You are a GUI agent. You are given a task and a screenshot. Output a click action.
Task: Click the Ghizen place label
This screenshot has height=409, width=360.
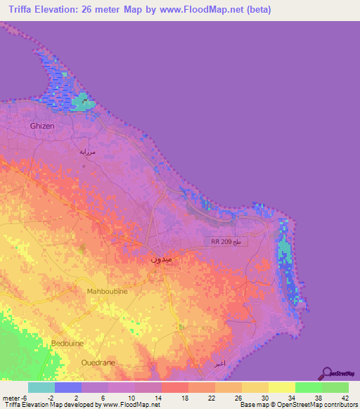41,126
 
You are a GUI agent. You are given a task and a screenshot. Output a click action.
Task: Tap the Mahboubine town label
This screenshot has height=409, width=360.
106,291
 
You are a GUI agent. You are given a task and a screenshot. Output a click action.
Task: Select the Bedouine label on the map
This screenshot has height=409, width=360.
67,343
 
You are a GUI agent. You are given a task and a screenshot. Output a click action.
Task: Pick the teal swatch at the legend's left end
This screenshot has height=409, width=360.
41,387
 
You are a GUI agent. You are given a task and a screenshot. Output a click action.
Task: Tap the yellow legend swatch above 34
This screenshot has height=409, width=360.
282,387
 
